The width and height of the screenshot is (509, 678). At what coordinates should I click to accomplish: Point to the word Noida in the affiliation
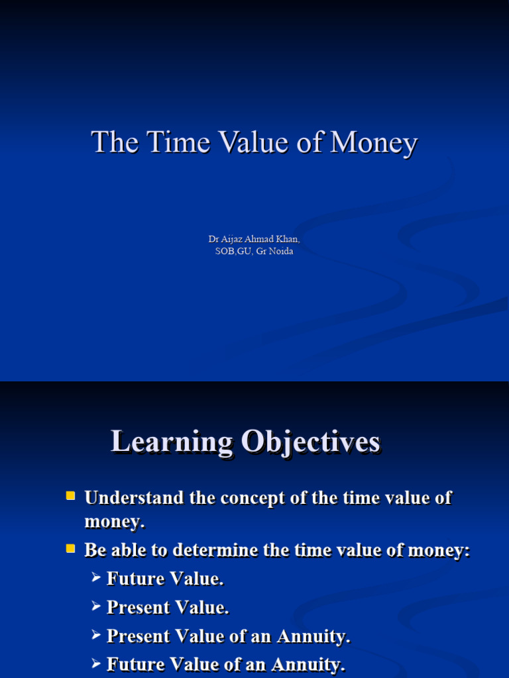280,251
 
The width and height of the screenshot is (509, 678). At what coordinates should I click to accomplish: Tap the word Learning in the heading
172,442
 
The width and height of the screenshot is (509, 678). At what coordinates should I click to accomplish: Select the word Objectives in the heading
311,442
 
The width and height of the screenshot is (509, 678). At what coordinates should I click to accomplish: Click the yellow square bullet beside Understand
70,495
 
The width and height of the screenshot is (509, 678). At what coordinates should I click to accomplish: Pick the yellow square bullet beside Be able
70,548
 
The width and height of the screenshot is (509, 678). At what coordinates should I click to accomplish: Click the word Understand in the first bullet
135,498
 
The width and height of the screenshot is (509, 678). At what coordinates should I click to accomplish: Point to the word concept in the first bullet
253,498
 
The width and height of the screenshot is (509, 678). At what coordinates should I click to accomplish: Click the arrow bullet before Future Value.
96,578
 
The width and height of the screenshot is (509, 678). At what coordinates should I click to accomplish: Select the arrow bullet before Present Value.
96,606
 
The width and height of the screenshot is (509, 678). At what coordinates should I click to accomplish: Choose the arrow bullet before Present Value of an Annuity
96,636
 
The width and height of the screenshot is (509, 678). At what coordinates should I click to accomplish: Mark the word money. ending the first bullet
114,522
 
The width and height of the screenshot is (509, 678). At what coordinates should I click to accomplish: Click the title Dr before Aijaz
213,239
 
